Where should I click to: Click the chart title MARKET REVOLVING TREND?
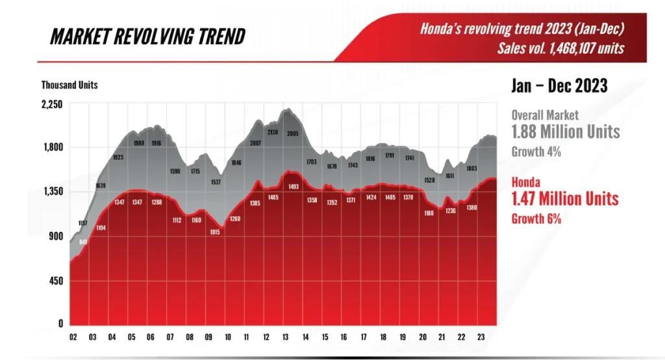point(147,36)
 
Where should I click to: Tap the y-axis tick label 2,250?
point(51,104)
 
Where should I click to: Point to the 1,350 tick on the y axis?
point(51,191)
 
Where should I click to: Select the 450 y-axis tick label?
point(56,281)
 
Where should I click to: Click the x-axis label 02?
point(74,338)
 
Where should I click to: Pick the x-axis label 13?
point(286,338)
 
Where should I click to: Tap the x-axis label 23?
point(480,338)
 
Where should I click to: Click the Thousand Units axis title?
point(69,85)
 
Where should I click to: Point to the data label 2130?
point(273,133)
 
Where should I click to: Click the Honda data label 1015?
point(215,232)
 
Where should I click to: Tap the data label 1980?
point(138,143)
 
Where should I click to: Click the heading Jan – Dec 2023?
point(560,85)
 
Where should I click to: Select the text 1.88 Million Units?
point(566,131)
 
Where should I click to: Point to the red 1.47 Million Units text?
point(565,198)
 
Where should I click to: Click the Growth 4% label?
point(536,153)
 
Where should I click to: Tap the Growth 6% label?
point(536,219)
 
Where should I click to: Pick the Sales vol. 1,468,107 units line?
point(560,48)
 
